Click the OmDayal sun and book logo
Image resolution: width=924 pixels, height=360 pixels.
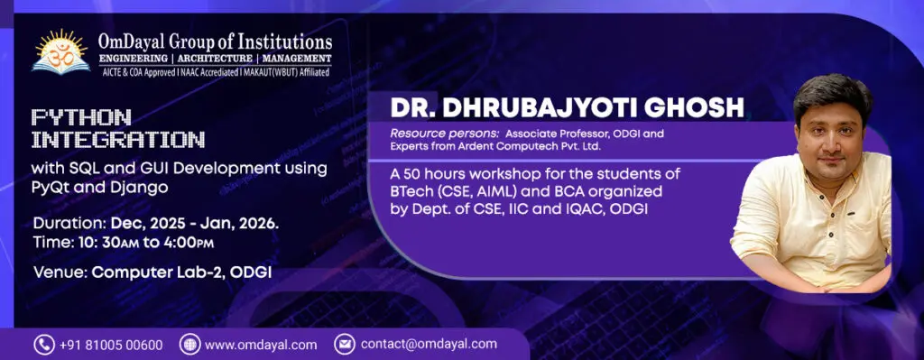pyautogui.click(x=61, y=51)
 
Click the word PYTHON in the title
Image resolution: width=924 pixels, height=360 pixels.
pyautogui.click(x=81, y=118)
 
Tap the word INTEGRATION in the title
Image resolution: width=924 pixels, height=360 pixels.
pyautogui.click(x=118, y=140)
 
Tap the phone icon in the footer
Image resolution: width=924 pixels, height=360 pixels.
pyautogui.click(x=44, y=345)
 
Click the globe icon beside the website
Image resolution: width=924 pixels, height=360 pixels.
pyautogui.click(x=189, y=345)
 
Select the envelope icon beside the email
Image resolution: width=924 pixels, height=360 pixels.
pyautogui.click(x=344, y=345)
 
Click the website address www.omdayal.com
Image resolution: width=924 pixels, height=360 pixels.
pyautogui.click(x=261, y=345)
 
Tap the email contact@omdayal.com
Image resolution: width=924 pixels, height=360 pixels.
pyautogui.click(x=429, y=344)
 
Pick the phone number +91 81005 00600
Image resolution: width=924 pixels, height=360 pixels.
pyautogui.click(x=111, y=345)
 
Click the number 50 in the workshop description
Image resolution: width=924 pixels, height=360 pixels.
pyautogui.click(x=411, y=175)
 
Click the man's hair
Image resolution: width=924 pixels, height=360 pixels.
pyautogui.click(x=832, y=94)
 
